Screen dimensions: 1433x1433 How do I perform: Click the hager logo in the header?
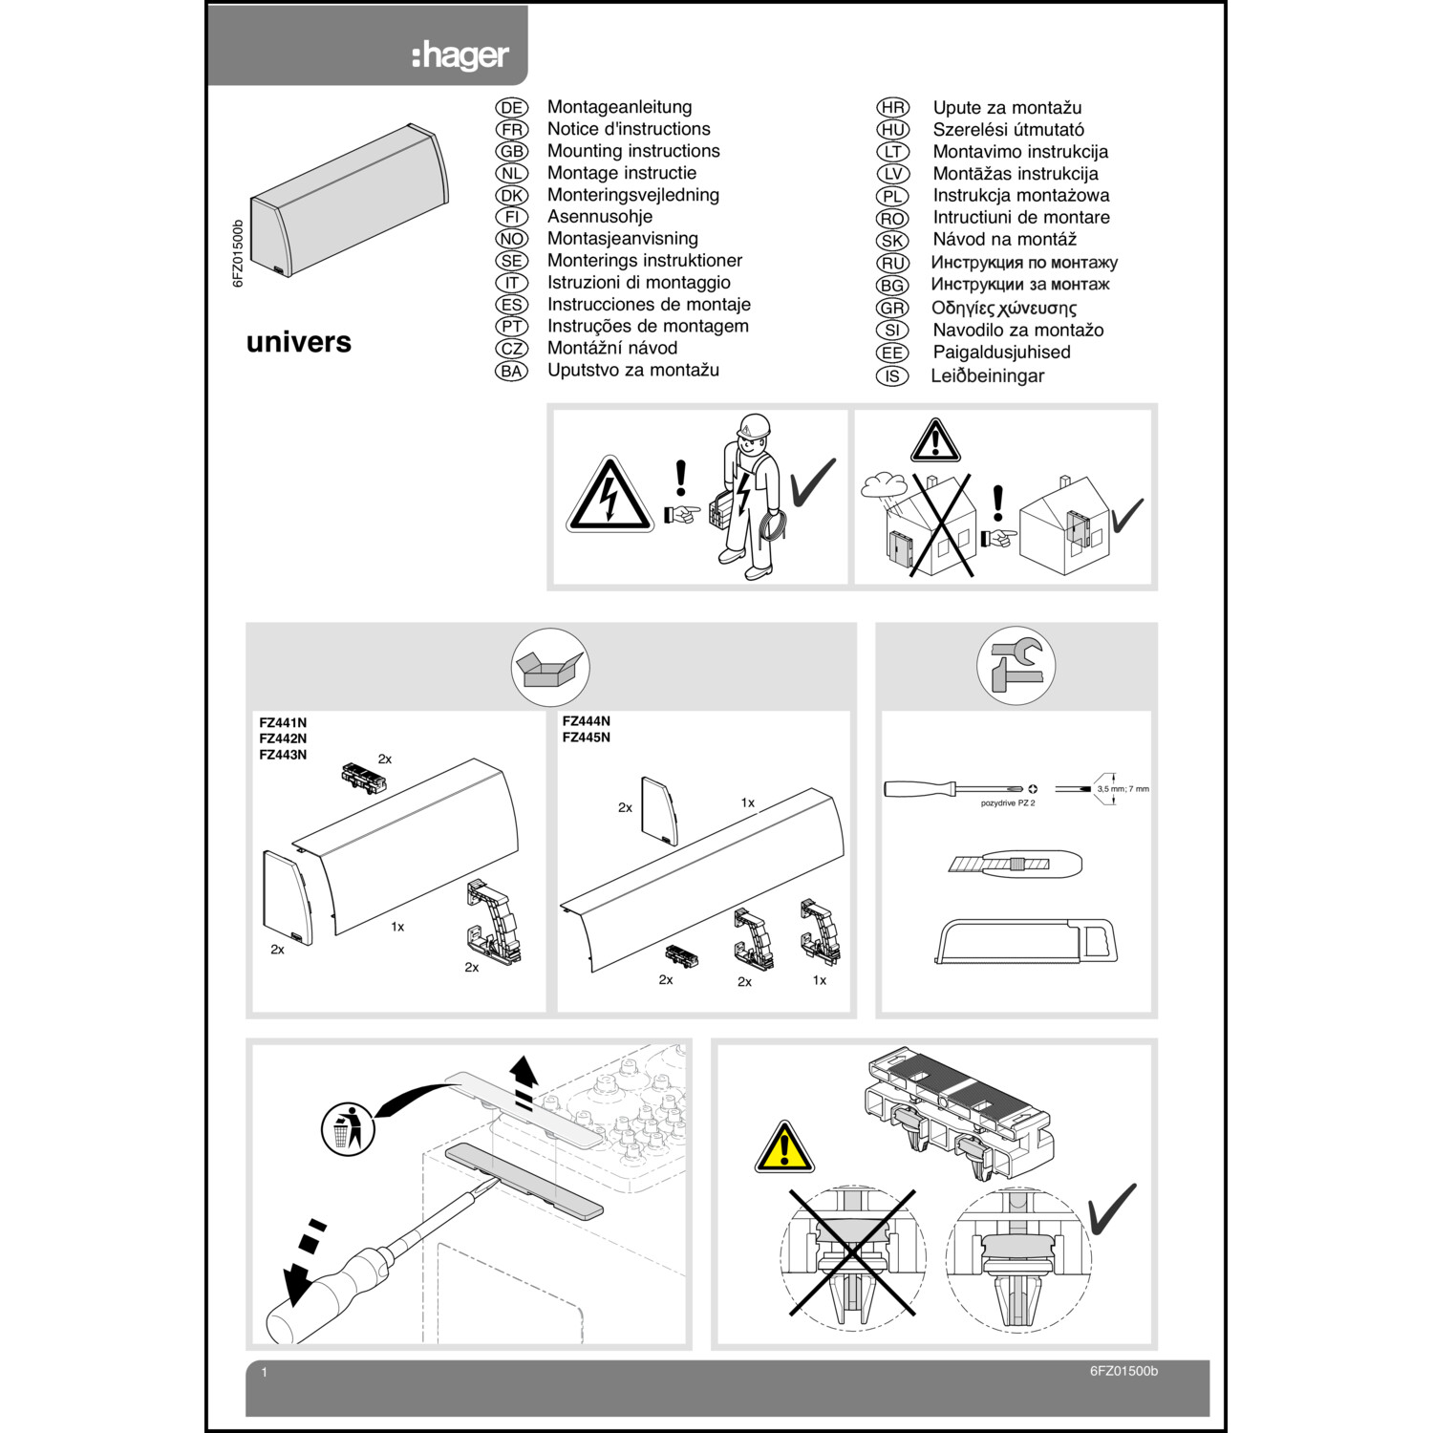pyautogui.click(x=460, y=55)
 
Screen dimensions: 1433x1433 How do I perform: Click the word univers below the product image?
pyautogui.click(x=298, y=342)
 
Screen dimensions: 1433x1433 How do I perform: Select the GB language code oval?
pyautogui.click(x=512, y=151)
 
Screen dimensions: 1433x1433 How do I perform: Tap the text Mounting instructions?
pyautogui.click(x=632, y=151)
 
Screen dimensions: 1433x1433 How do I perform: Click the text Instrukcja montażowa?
pyautogui.click(x=1020, y=196)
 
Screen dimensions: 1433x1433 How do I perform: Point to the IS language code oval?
pyautogui.click(x=892, y=376)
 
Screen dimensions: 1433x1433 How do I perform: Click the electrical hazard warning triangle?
pyautogui.click(x=610, y=496)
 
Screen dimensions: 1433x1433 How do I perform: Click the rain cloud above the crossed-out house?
pyautogui.click(x=887, y=485)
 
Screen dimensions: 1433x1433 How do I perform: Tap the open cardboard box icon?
pyautogui.click(x=550, y=667)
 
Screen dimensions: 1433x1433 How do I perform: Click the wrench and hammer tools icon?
pyautogui.click(x=1016, y=666)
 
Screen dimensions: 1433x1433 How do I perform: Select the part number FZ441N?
pyautogui.click(x=283, y=723)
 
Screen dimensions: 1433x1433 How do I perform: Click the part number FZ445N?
pyautogui.click(x=586, y=738)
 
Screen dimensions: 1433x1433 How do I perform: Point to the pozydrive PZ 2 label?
pyautogui.click(x=1007, y=803)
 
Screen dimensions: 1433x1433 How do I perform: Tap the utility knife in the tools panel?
pyautogui.click(x=1015, y=864)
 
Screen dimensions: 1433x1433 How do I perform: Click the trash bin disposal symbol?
pyautogui.click(x=347, y=1128)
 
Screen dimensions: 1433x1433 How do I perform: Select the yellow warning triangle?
pyautogui.click(x=784, y=1148)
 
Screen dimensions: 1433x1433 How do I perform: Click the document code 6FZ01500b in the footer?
pyautogui.click(x=1123, y=1371)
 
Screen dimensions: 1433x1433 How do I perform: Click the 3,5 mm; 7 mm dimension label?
pyautogui.click(x=1123, y=789)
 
